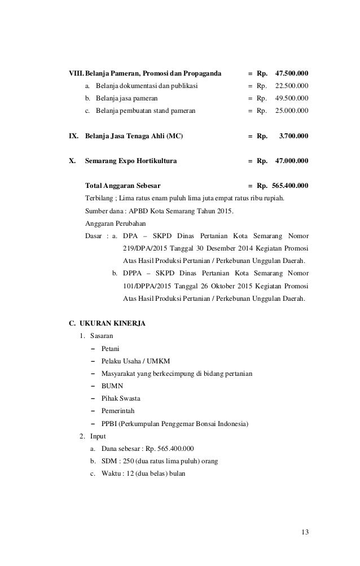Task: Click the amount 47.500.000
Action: point(291,74)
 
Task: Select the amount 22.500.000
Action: point(291,86)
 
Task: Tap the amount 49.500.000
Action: point(291,99)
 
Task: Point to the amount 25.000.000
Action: point(291,111)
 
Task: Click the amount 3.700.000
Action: point(293,136)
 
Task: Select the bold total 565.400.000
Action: point(290,186)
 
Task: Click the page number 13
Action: point(305,532)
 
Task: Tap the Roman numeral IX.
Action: point(73,136)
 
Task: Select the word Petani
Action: point(110,348)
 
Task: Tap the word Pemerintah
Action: point(118,411)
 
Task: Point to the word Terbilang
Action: point(99,198)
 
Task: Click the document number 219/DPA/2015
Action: point(142,248)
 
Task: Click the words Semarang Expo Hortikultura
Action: point(130,161)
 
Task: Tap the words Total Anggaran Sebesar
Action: point(122,186)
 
